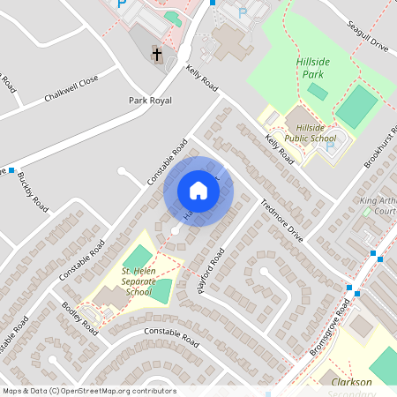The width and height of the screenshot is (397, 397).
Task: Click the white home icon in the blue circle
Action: [x=198, y=190]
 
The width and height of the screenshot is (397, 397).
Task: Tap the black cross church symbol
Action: [x=157, y=55]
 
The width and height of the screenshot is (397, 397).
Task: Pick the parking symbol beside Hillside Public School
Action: [x=330, y=146]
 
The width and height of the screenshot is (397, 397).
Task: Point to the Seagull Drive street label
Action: [x=367, y=36]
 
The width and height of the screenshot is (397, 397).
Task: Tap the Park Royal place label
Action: [x=149, y=101]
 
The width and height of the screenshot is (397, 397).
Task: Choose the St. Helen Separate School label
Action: [x=139, y=284]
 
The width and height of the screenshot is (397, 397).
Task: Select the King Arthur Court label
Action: [x=378, y=206]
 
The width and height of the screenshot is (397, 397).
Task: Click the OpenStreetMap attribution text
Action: [x=88, y=391]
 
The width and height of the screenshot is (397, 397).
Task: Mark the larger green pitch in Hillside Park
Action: [x=356, y=107]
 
